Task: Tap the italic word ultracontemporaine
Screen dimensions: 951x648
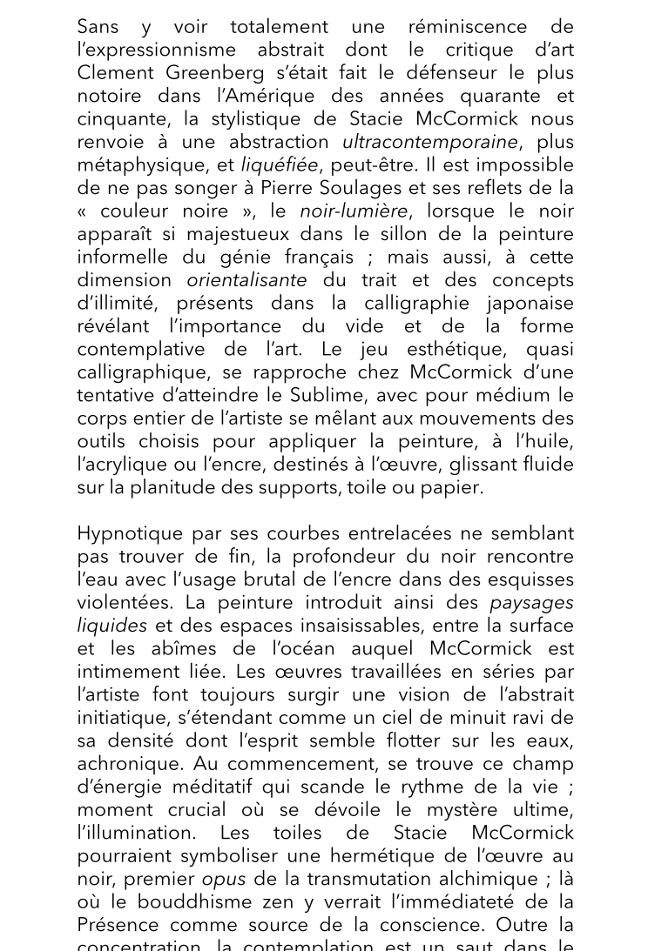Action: [x=429, y=142]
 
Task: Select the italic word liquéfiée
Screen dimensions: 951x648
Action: [x=280, y=165]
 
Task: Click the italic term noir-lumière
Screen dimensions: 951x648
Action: [x=354, y=211]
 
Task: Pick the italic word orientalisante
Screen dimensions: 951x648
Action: [x=246, y=280]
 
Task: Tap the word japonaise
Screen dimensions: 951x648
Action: [x=526, y=304]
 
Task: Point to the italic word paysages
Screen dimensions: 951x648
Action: [x=531, y=603]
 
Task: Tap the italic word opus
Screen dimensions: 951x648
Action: [x=223, y=879]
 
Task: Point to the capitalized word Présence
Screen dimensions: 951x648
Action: [x=118, y=925]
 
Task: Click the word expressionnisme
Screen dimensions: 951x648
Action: [x=161, y=50]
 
